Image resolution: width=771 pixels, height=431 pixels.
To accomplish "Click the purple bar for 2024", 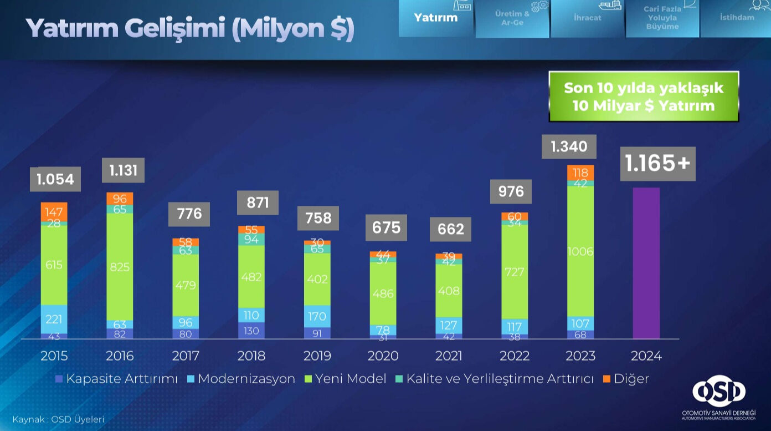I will pos(646,263).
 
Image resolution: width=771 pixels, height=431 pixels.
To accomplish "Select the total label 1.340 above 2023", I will pos(569,146).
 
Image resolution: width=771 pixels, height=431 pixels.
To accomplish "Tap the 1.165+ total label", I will pos(657,163).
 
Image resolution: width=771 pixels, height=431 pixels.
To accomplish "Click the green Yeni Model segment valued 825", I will pos(120,266).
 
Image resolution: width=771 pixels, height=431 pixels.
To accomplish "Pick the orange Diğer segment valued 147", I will pos(54,212).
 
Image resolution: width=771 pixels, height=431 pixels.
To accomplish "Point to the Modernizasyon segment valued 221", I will pos(54,319).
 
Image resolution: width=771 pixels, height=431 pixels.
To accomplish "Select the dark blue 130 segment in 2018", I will pos(251,330).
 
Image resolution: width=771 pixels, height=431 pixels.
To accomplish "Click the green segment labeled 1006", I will pos(580,251).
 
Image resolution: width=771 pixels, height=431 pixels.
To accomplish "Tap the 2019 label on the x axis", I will pos(317,356).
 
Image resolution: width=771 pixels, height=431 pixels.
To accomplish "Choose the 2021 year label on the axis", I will pos(449,356).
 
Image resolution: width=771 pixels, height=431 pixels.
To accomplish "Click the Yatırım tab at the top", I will pos(436,18).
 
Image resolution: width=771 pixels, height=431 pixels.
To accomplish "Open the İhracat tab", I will pos(587,18).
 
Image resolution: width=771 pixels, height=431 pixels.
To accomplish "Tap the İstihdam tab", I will pos(736,18).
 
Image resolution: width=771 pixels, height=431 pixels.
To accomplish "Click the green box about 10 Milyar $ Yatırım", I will pos(644,97).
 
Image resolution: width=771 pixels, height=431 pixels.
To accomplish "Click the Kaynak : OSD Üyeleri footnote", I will pos(58,419).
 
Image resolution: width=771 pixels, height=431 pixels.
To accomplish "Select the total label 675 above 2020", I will pos(385,227).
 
